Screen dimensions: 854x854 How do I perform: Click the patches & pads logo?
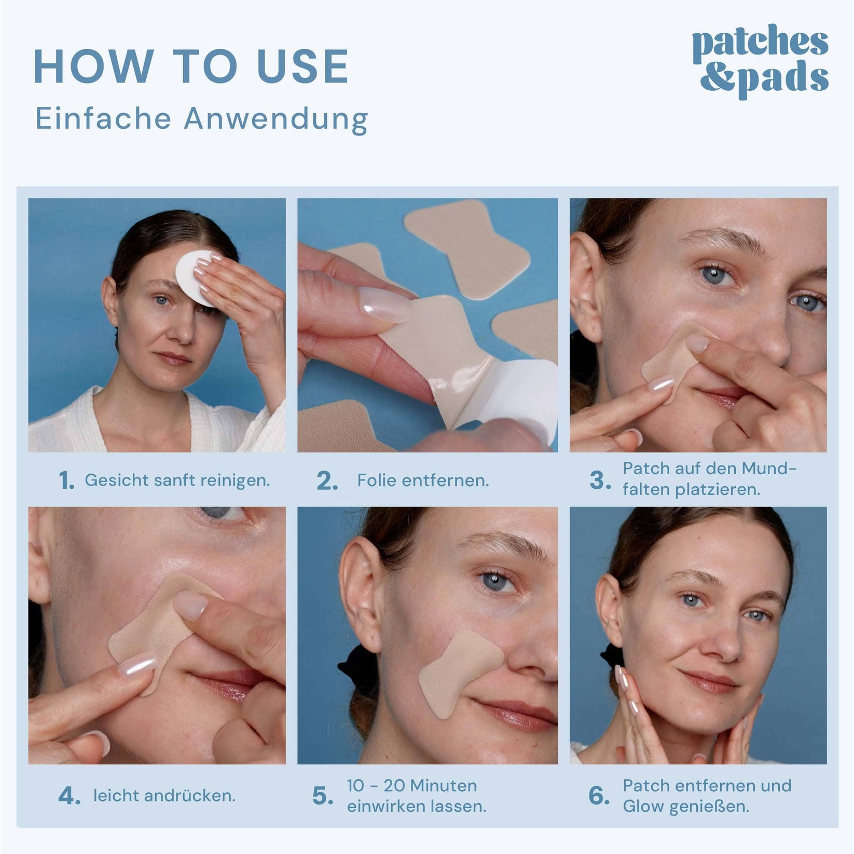click(x=761, y=62)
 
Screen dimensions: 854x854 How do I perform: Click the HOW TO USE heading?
click(x=191, y=67)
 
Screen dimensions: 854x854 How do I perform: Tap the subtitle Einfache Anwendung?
click(x=202, y=119)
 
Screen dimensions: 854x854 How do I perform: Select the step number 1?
click(x=67, y=481)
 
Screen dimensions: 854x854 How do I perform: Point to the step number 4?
click(x=70, y=797)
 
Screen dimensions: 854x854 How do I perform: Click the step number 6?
click(x=599, y=796)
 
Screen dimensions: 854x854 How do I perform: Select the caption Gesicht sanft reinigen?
click(x=177, y=480)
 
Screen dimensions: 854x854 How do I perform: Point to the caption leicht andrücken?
click(x=164, y=796)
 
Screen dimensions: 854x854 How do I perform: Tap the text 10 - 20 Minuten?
click(x=412, y=786)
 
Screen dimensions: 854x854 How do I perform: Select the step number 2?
click(x=327, y=481)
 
